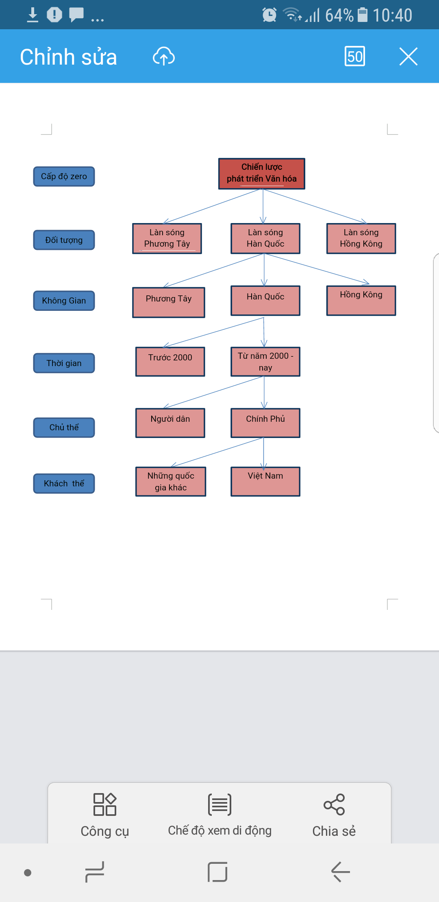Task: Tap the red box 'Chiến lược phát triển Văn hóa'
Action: pos(261,173)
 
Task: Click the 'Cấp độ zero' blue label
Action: pos(64,176)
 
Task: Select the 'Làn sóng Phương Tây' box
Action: pos(167,239)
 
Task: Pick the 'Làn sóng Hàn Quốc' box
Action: pos(265,239)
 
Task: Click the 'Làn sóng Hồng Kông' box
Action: pos(361,239)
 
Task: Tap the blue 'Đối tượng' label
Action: pos(64,240)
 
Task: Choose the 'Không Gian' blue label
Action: pos(64,301)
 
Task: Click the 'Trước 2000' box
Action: pos(170,362)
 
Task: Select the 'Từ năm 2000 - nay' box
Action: pos(265,362)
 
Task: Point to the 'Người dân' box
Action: pos(170,423)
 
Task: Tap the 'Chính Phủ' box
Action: pos(265,423)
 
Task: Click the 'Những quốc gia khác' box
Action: pos(171,481)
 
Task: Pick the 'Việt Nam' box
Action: pos(265,481)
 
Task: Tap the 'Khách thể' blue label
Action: pos(64,484)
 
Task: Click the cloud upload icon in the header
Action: pos(164,56)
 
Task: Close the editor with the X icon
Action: pos(408,56)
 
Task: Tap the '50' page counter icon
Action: pos(354,56)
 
